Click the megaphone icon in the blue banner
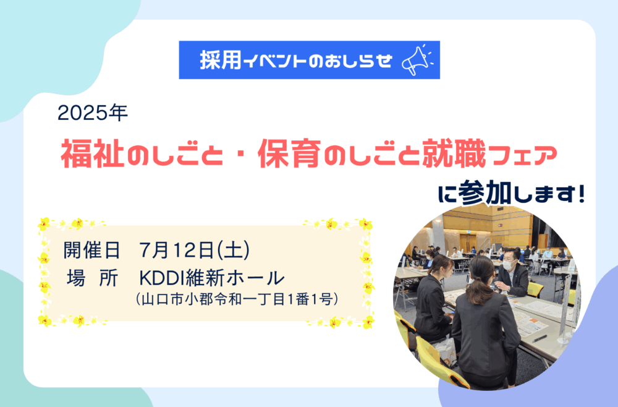(417, 60)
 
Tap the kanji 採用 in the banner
(221, 61)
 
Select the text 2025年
(93, 113)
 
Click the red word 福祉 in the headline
(93, 154)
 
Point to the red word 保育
(289, 154)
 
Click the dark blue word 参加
(485, 193)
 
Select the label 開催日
(92, 250)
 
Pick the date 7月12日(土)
(194, 250)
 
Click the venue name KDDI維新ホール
(211, 278)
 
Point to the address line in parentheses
(237, 299)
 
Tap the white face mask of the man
(509, 265)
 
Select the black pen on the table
(540, 339)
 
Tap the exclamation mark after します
(580, 194)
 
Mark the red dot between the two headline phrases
(240, 155)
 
